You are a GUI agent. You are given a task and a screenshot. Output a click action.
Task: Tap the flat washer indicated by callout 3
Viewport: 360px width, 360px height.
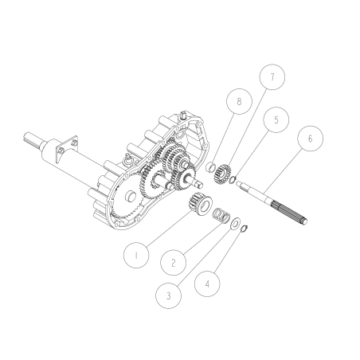pyautogui.click(x=237, y=225)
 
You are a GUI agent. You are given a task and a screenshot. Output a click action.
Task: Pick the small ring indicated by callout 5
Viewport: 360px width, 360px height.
pyautogui.click(x=232, y=179)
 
